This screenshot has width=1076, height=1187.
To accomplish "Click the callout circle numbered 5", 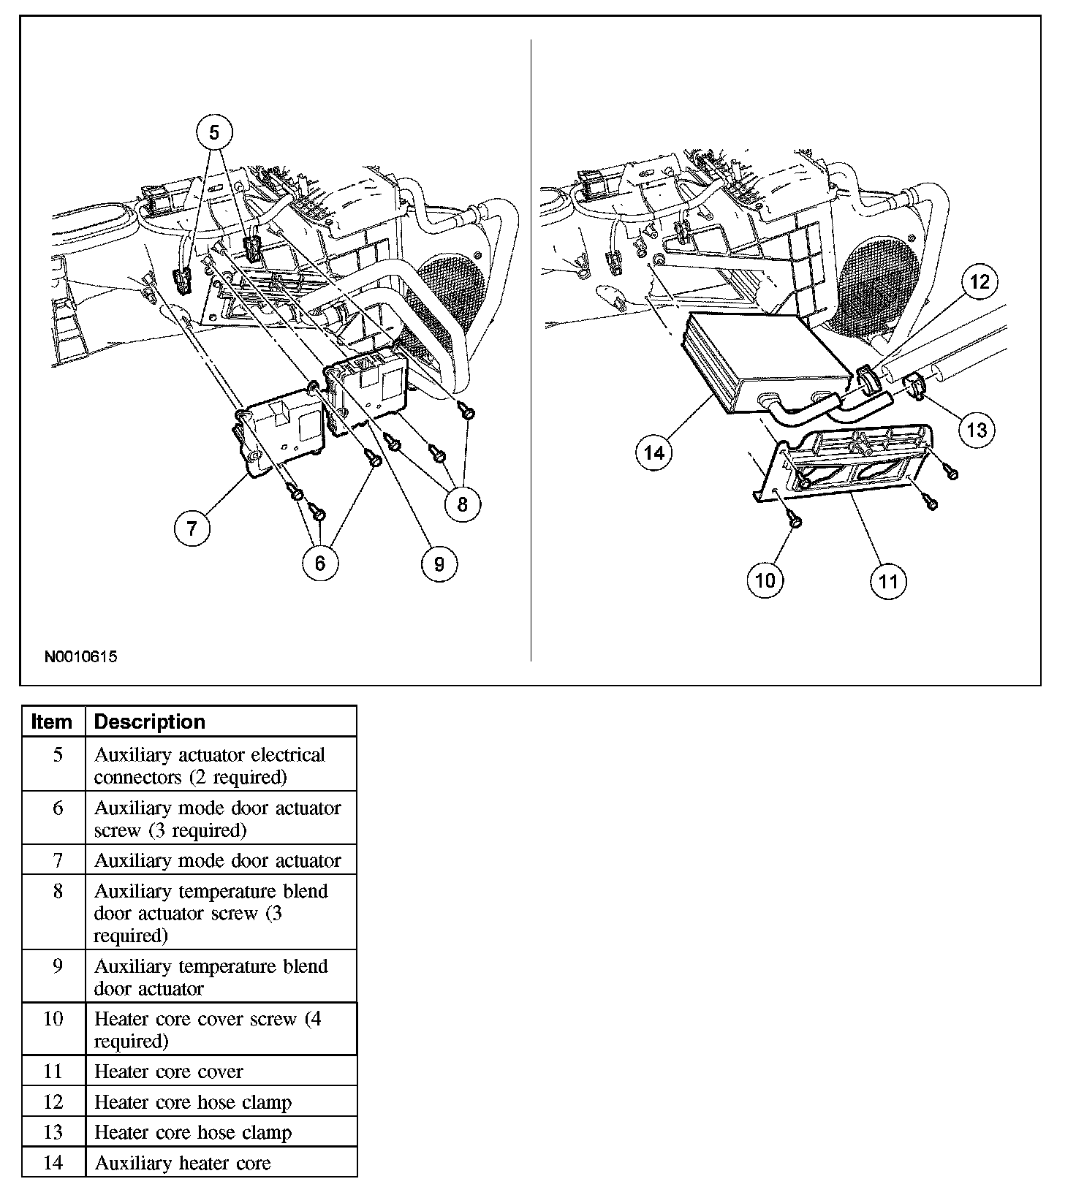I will point(213,132).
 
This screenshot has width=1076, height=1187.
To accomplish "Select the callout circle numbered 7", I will point(192,527).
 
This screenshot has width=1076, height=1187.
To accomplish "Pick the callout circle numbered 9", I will point(439,564).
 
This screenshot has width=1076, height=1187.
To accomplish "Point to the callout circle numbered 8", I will point(462,504).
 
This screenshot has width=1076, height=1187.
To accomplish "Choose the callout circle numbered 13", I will point(977,430).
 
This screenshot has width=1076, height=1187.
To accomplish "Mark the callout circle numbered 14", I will point(653,452).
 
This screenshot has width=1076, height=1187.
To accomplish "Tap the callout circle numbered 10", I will point(765,580).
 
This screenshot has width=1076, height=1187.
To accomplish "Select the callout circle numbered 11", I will point(888,581).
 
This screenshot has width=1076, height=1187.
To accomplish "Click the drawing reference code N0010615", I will point(81,656).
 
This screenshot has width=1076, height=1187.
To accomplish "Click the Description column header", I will point(150,721).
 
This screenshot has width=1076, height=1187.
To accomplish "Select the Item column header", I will point(53,721).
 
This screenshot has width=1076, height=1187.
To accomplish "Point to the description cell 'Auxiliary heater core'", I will point(183,1163).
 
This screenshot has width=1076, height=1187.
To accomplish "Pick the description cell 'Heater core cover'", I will point(169,1072).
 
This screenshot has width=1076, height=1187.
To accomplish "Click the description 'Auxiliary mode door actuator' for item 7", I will point(218,860).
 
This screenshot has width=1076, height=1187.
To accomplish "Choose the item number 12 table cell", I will point(54,1102).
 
